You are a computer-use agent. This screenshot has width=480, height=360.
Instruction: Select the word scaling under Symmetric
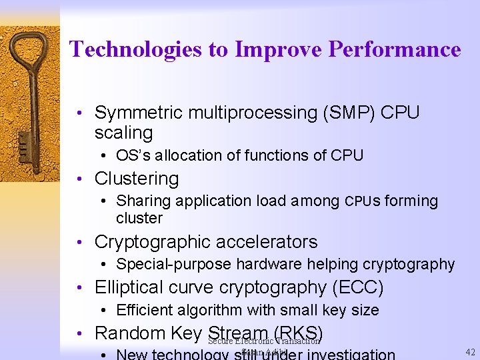123,132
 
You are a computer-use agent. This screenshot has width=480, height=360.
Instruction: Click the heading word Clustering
137,179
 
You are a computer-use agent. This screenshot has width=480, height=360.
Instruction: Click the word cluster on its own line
139,219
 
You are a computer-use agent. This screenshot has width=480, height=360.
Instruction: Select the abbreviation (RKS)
297,333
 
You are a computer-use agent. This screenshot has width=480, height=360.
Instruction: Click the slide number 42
469,353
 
